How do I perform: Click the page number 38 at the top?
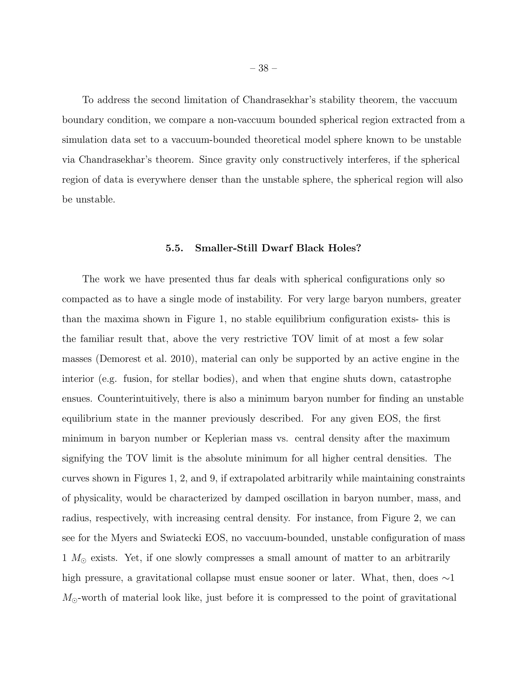coord(263,68)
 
